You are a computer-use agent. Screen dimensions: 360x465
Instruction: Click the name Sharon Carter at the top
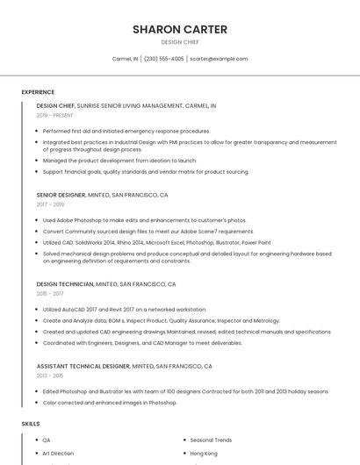pyautogui.click(x=179, y=29)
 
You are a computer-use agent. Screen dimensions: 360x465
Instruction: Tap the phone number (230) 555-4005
pyautogui.click(x=163, y=59)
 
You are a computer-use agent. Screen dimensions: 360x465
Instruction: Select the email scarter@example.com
pyautogui.click(x=219, y=59)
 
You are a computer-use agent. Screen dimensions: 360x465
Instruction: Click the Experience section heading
pyautogui.click(x=38, y=92)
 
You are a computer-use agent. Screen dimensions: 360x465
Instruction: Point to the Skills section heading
pyautogui.click(x=31, y=424)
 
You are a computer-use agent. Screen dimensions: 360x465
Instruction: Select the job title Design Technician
pyautogui.click(x=65, y=284)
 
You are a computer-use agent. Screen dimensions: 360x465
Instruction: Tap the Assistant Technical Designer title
pyautogui.click(x=83, y=366)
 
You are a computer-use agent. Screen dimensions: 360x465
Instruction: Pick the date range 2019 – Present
pyautogui.click(x=54, y=115)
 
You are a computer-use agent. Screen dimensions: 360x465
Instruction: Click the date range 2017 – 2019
pyautogui.click(x=50, y=204)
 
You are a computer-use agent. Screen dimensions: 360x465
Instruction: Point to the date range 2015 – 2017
pyautogui.click(x=50, y=294)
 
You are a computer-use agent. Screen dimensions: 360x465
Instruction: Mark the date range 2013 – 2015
pyautogui.click(x=50, y=376)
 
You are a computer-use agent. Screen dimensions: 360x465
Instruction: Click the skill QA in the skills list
pyautogui.click(x=47, y=440)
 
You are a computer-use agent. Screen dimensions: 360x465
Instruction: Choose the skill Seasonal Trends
pyautogui.click(x=211, y=440)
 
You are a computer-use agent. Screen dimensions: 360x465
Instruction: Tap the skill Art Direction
pyautogui.click(x=58, y=454)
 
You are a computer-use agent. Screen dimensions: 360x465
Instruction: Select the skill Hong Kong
pyautogui.click(x=204, y=454)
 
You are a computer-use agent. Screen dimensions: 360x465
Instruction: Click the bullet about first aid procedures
pyautogui.click(x=126, y=131)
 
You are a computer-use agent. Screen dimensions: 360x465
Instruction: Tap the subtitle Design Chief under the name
pyautogui.click(x=179, y=42)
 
